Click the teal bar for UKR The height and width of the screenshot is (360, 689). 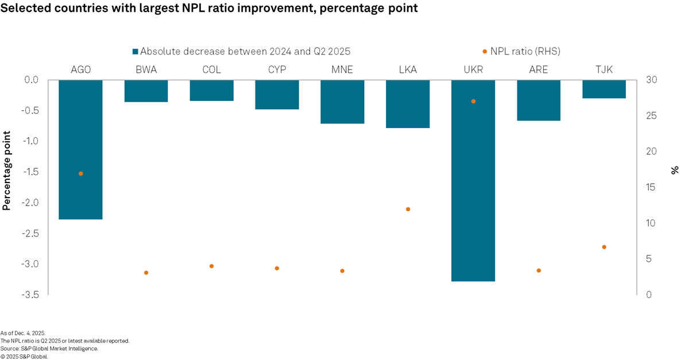(473, 180)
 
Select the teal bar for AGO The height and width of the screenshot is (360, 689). (80, 149)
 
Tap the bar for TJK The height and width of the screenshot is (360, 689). (604, 89)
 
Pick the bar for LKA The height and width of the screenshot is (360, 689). (408, 104)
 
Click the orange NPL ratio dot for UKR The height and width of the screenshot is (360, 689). (473, 102)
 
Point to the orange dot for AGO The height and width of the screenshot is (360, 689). (80, 173)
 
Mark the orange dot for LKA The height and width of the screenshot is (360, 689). (408, 209)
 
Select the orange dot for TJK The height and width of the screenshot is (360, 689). (604, 247)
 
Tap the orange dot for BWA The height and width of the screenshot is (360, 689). (146, 273)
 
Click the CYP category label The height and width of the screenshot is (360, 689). (277, 70)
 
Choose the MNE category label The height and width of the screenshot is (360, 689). (342, 70)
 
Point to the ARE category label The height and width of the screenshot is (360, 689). (539, 70)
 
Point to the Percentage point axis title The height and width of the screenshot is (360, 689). (7, 171)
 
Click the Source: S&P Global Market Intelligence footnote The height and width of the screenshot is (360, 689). (49, 349)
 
